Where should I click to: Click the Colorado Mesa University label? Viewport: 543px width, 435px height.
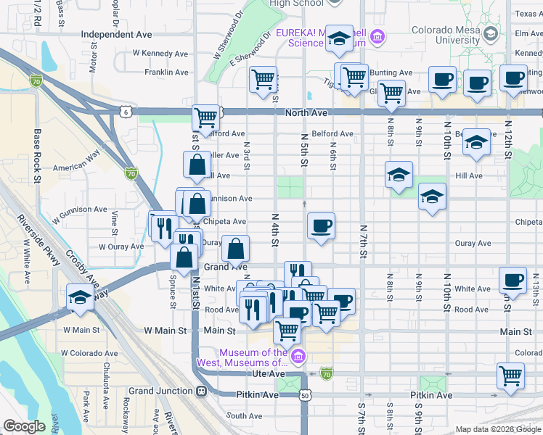pyautogui.click(x=444, y=36)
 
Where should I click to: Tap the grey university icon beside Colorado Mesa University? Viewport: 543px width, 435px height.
pyautogui.click(x=491, y=34)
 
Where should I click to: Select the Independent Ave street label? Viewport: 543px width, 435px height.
pyautogui.click(x=116, y=34)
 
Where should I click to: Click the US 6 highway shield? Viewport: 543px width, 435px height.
pyautogui.click(x=126, y=112)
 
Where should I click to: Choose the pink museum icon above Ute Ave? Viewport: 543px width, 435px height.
pyautogui.click(x=297, y=356)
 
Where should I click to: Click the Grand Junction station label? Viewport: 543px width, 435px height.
pyautogui.click(x=163, y=391)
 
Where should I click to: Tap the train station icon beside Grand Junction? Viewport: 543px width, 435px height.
pyautogui.click(x=201, y=391)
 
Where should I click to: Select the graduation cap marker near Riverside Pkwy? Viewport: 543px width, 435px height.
pyautogui.click(x=80, y=297)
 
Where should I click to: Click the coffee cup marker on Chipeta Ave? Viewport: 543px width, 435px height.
pyautogui.click(x=321, y=226)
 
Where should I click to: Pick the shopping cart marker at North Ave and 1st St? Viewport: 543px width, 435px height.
pyautogui.click(x=206, y=117)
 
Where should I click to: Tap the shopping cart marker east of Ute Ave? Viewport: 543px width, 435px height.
pyautogui.click(x=510, y=376)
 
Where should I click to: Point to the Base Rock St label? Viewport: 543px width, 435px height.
pyautogui.click(x=36, y=151)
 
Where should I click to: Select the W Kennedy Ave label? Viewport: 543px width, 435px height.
pyautogui.click(x=160, y=54)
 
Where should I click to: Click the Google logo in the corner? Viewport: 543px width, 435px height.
pyautogui.click(x=24, y=426)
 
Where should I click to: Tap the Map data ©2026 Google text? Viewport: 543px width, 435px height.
pyautogui.click(x=498, y=429)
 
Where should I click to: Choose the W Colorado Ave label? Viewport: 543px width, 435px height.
pyautogui.click(x=88, y=353)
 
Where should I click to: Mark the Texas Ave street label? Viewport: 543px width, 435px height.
pyautogui.click(x=528, y=14)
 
